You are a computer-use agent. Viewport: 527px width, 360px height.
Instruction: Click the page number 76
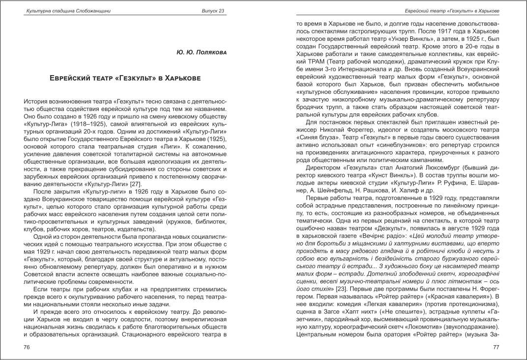pyautogui.click(x=28, y=347)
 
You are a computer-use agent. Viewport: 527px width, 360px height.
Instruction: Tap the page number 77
pyautogui.click(x=496, y=347)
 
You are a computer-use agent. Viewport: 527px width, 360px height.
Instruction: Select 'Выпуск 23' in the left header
pyautogui.click(x=213, y=11)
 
